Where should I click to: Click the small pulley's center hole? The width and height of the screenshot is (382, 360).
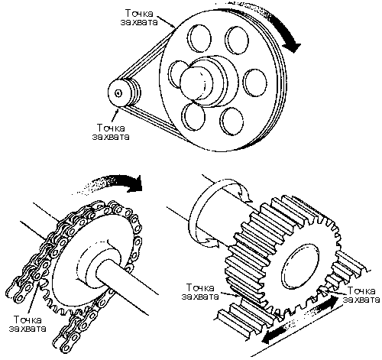tap(118, 93)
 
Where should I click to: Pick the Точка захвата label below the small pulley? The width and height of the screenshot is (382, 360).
tap(111, 132)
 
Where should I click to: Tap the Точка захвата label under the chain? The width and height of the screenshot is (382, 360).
tap(28, 323)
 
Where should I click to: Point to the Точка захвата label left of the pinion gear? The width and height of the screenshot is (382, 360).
tap(200, 292)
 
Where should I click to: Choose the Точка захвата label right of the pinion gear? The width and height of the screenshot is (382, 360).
tap(361, 295)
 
